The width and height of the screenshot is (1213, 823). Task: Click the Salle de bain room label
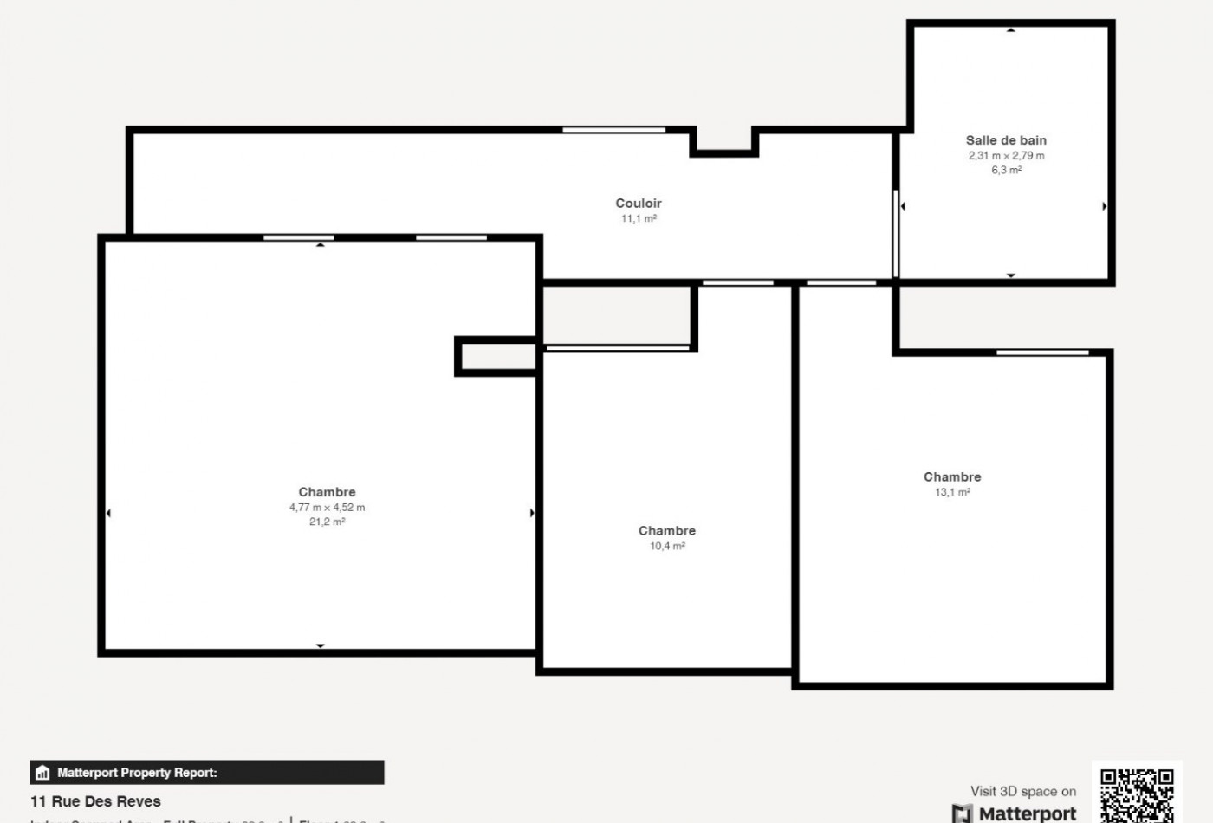click(x=1006, y=140)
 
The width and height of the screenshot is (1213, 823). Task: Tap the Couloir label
click(x=639, y=204)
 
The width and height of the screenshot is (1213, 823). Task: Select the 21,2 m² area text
click(x=327, y=522)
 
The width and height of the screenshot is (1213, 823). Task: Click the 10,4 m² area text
click(x=667, y=546)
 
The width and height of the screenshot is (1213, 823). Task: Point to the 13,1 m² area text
click(x=952, y=492)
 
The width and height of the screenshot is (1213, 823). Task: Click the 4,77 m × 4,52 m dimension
click(x=327, y=508)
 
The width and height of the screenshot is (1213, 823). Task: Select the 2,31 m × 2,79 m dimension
click(x=1006, y=156)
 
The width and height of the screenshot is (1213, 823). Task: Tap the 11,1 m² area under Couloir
click(x=639, y=218)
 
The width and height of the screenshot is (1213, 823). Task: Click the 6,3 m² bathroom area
click(x=1006, y=170)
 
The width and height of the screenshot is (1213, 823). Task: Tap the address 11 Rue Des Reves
click(x=95, y=801)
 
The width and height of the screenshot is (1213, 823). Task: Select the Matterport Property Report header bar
click(x=207, y=773)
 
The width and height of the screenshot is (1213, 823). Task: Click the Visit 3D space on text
click(x=1023, y=791)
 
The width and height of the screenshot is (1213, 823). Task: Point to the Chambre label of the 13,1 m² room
click(x=952, y=476)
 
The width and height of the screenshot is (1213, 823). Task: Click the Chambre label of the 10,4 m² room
click(x=667, y=530)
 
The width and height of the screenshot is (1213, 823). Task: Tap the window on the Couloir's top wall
click(x=613, y=130)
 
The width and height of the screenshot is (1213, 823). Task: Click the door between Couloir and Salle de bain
click(x=896, y=234)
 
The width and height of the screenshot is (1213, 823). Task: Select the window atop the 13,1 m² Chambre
click(x=1042, y=353)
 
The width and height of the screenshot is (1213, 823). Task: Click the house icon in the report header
click(x=42, y=773)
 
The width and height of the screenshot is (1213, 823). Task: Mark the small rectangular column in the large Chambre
click(x=496, y=356)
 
